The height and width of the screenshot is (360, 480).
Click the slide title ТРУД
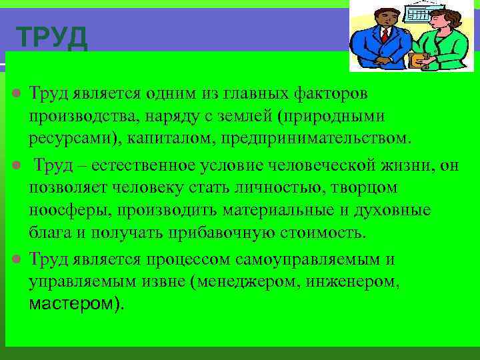[x=51, y=38]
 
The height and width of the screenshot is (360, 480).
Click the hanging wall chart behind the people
[x=419, y=14]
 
